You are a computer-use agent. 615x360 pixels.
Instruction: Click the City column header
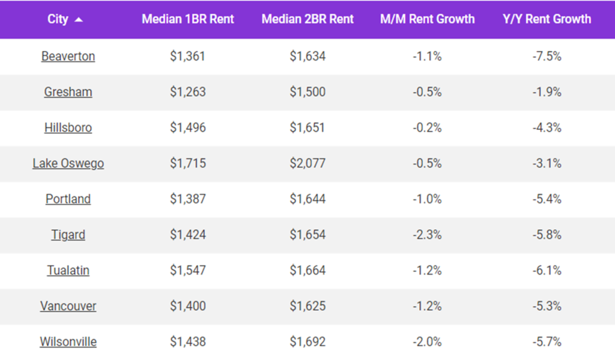tap(58, 19)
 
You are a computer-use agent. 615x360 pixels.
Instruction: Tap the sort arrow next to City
tap(79, 20)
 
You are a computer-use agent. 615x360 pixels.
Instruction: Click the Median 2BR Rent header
tap(307, 19)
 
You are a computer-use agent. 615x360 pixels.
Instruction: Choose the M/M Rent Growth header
tap(427, 19)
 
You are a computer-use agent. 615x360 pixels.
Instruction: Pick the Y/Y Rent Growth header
tap(547, 19)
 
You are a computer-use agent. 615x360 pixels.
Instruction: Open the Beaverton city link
tap(68, 56)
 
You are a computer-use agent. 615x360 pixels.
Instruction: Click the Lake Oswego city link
tap(68, 163)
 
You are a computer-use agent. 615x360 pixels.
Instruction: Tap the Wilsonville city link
tap(68, 342)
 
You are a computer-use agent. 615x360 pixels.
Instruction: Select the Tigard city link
tap(68, 235)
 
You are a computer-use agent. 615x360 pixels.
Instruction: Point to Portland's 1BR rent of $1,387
tap(187, 199)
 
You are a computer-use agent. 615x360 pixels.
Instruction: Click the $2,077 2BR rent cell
tap(307, 163)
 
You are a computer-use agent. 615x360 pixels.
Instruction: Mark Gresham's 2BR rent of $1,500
tap(307, 92)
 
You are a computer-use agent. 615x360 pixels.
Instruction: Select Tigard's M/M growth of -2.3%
tap(427, 235)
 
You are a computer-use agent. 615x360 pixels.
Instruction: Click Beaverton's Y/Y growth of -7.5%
tap(547, 56)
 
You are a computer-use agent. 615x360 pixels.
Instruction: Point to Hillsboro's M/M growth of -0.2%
tap(427, 128)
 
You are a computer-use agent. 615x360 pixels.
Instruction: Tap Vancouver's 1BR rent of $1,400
tap(187, 307)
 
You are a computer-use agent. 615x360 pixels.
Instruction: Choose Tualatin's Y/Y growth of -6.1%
tap(547, 270)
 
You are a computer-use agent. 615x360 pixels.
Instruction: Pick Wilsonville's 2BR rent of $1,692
tap(307, 342)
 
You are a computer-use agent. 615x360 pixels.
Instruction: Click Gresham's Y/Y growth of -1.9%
tap(547, 92)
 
